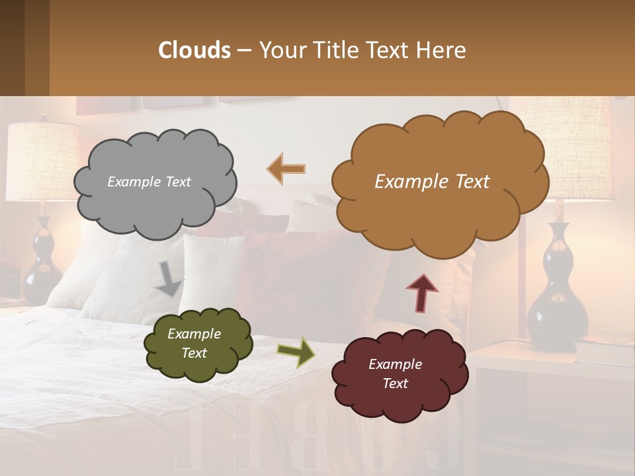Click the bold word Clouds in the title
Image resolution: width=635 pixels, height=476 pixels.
[x=194, y=50]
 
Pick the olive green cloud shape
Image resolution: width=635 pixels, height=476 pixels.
[x=198, y=367]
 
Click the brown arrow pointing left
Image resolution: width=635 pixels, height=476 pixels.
[x=286, y=169]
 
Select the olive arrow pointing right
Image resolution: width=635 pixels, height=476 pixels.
[x=296, y=352]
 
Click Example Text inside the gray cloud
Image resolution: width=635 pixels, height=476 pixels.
[x=149, y=182]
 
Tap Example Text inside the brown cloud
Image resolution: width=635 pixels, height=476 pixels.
[x=432, y=182]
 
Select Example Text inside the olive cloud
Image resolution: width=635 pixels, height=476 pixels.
[x=194, y=344]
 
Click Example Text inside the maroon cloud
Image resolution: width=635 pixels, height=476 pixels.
[x=395, y=374]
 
